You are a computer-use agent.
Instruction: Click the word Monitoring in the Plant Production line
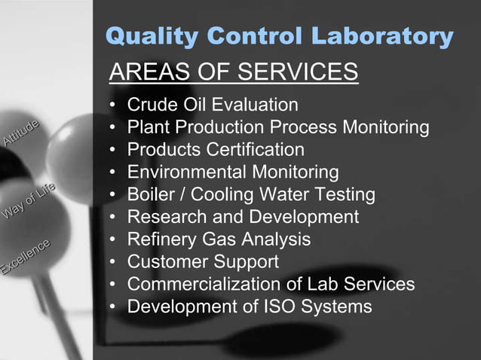(386, 127)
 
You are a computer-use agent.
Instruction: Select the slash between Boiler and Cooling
(183, 194)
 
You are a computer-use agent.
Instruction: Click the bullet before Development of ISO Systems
(113, 307)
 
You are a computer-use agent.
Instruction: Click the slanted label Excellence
(25, 257)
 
